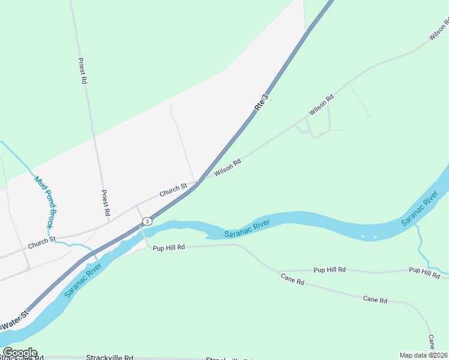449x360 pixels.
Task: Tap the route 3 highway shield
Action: click(x=147, y=221)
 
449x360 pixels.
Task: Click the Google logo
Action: click(x=20, y=353)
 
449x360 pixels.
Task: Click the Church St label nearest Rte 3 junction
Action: click(x=173, y=191)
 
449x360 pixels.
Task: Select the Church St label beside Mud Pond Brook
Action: click(x=41, y=242)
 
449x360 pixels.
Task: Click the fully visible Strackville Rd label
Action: click(x=109, y=358)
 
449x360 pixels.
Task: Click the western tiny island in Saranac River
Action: click(x=363, y=236)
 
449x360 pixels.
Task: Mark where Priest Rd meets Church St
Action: click(x=109, y=221)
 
